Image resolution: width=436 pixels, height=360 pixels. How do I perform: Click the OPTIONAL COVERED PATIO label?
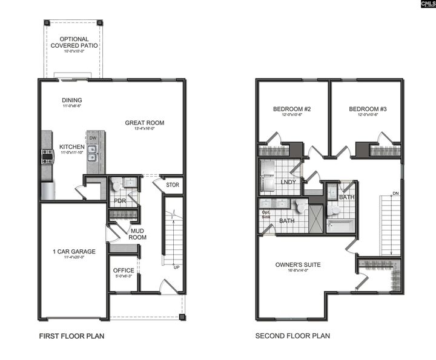click(74, 42)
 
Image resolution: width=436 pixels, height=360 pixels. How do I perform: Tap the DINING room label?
click(72, 100)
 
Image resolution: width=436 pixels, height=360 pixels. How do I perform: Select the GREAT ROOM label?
click(144, 123)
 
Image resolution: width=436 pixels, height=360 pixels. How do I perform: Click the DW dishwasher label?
click(93, 138)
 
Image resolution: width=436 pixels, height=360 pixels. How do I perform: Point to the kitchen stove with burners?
click(47, 157)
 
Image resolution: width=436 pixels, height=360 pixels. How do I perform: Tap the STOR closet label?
click(173, 185)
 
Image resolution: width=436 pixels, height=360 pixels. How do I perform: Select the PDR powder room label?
click(120, 200)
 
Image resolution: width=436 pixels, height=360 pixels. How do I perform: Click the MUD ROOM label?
click(137, 234)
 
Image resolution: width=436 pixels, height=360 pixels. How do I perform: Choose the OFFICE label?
click(124, 271)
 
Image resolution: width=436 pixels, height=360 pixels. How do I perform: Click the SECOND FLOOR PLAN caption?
click(292, 336)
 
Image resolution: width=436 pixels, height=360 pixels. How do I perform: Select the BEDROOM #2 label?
click(292, 110)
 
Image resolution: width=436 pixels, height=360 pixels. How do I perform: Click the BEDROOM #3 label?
click(368, 110)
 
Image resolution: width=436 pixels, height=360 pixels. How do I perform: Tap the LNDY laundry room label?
click(288, 182)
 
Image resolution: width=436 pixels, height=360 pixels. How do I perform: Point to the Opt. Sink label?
click(265, 215)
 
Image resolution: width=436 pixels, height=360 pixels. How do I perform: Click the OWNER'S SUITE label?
click(298, 264)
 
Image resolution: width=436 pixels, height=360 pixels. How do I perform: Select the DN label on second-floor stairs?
click(395, 194)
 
